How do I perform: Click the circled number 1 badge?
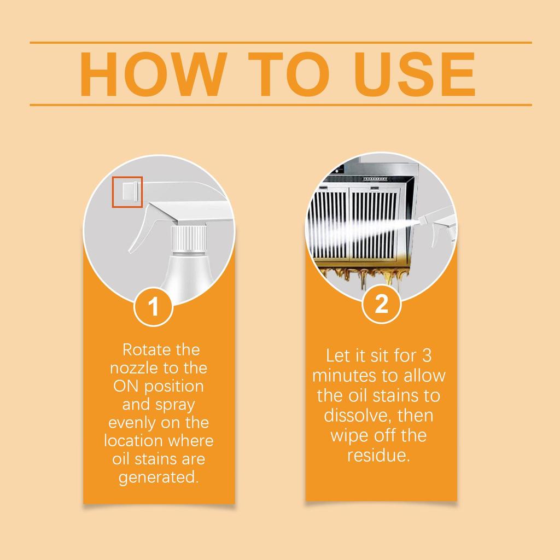pyautogui.click(x=154, y=306)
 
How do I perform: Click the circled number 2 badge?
pyautogui.click(x=381, y=305)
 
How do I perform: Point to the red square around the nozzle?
pyautogui.click(x=127, y=192)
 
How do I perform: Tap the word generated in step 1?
pyautogui.click(x=159, y=477)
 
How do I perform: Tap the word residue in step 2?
pyautogui.click(x=378, y=455)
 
